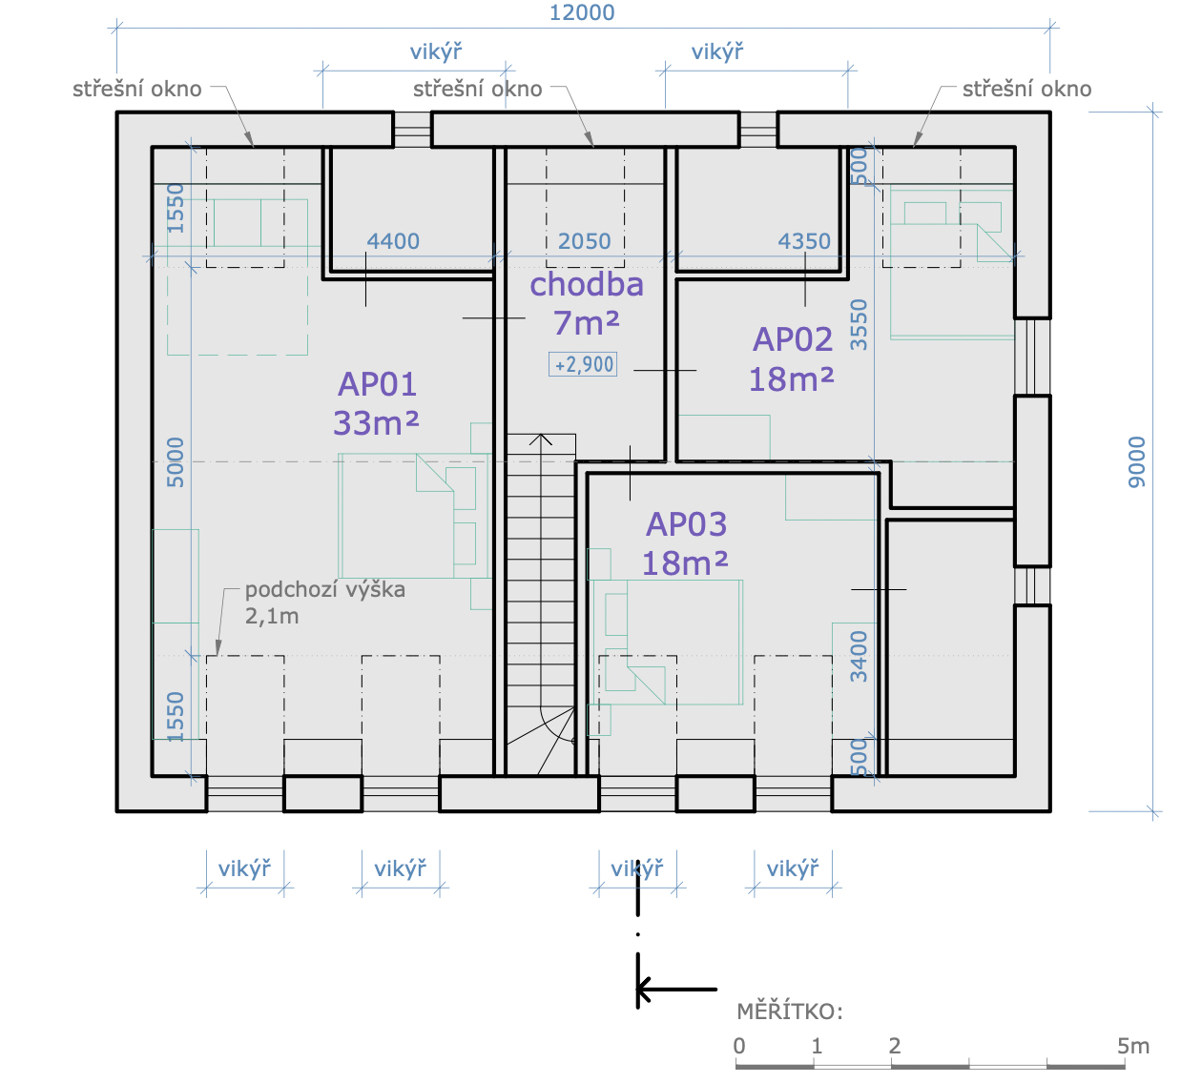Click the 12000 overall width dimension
click(582, 12)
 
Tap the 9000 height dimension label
click(1137, 462)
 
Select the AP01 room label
click(377, 384)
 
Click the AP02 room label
click(793, 339)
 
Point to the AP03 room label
click(687, 523)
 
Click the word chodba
click(587, 284)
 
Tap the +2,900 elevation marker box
click(583, 364)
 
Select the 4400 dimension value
click(393, 241)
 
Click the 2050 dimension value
click(584, 241)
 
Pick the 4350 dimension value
click(804, 241)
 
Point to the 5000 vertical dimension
click(176, 462)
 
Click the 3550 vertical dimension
click(859, 324)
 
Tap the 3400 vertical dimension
click(859, 656)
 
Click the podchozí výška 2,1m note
click(325, 603)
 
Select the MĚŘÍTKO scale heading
click(790, 1011)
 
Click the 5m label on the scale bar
click(1133, 1046)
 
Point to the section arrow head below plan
click(644, 990)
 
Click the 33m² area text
click(376, 423)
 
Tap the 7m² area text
click(587, 323)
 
